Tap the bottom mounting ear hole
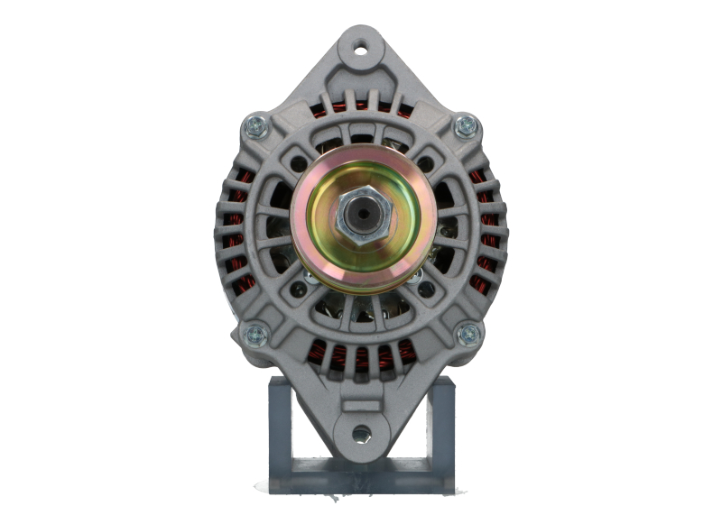[361, 434]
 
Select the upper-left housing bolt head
[256, 126]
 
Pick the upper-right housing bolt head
[466, 125]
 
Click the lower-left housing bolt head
[255, 335]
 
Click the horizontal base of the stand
[361, 474]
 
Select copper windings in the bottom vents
[361, 354]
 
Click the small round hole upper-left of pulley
[298, 164]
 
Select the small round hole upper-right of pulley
[425, 164]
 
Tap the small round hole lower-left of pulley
[298, 290]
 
